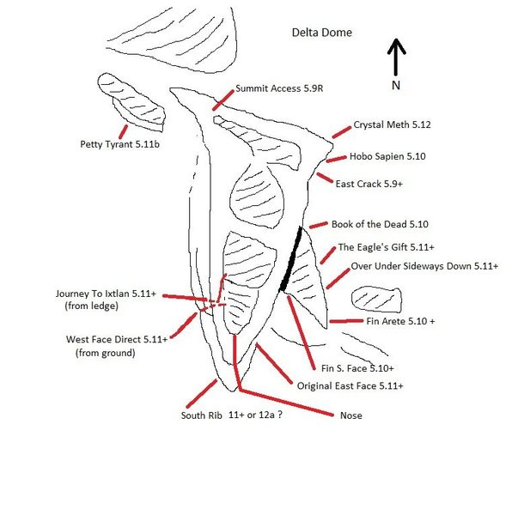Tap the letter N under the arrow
395,86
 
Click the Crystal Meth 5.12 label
392,124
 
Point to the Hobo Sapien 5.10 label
387,157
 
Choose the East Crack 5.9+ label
369,184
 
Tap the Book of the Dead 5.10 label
379,224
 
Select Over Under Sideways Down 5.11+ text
424,267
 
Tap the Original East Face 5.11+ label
350,385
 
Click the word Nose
350,416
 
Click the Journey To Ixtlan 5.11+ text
106,294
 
